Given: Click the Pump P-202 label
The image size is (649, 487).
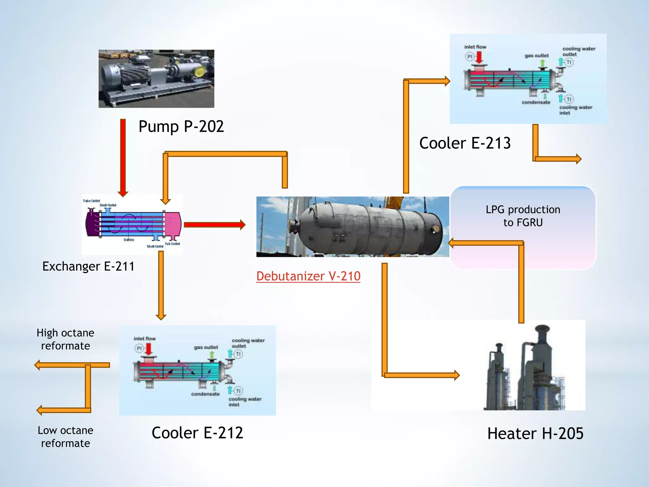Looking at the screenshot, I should (181, 127).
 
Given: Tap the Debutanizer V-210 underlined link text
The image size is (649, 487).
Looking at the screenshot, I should (308, 276).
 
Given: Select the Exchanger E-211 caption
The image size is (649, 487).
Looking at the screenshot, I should (88, 266).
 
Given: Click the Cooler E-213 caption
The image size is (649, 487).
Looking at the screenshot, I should (465, 143).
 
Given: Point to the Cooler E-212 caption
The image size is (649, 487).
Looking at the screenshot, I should (197, 433).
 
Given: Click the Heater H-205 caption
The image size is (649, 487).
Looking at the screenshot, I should (535, 433).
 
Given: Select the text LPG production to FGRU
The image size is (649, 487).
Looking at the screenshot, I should (523, 216).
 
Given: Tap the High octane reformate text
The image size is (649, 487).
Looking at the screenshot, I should (65, 339).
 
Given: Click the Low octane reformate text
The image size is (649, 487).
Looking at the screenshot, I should (65, 437).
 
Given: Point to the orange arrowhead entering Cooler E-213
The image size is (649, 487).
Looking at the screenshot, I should (447, 81).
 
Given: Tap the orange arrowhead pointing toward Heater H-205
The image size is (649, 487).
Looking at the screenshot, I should (456, 375).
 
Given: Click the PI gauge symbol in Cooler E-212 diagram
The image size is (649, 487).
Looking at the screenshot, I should (139, 348).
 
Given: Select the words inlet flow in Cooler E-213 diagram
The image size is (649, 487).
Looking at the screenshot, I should (475, 47).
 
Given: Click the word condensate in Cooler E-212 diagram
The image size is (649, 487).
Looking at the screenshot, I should (205, 394).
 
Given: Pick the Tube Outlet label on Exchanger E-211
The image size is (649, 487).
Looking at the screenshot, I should (91, 201).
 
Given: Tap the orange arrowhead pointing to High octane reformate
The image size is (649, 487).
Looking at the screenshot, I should (37, 365).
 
